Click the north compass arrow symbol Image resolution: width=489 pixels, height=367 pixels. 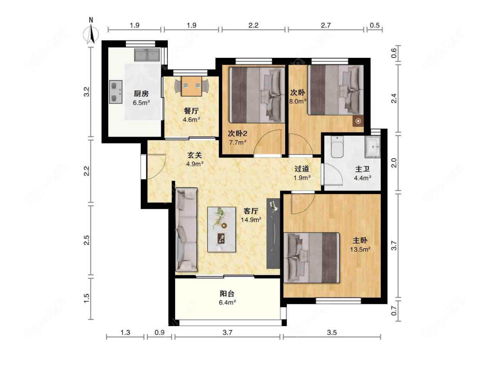[91, 33]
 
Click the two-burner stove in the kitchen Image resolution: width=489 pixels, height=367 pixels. [116, 92]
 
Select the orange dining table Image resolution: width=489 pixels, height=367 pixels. [192, 86]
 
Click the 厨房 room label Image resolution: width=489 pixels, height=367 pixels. [141, 93]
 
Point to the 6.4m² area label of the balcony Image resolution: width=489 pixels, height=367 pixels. [227, 302]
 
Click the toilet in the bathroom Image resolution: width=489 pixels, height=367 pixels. [337, 147]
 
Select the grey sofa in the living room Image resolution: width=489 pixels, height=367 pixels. [186, 230]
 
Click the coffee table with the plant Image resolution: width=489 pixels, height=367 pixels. [222, 230]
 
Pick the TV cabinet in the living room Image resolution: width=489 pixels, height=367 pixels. [273, 233]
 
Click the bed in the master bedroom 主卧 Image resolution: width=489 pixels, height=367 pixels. [312, 257]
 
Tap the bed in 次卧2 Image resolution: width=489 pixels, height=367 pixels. [257, 95]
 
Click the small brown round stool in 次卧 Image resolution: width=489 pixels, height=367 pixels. [358, 121]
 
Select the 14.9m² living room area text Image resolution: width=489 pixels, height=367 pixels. [251, 220]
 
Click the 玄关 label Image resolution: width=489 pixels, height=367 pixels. [195, 155]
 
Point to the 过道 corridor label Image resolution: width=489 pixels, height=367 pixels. [302, 169]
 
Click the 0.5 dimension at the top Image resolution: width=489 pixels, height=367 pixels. [375, 25]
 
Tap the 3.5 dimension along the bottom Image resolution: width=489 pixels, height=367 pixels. [332, 332]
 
